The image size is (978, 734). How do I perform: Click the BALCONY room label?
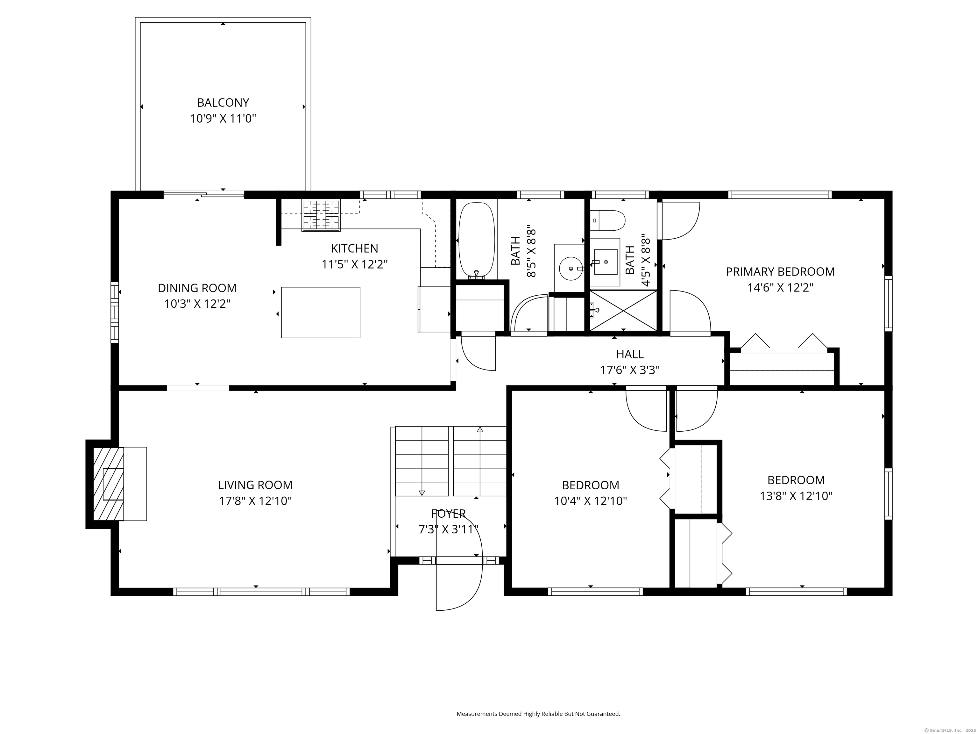(x=223, y=103)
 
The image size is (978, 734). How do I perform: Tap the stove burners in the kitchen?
(x=321, y=215)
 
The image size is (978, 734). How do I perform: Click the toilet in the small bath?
(x=608, y=220)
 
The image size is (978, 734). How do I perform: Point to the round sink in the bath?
(x=571, y=269)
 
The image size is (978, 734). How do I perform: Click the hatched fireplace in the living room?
(x=108, y=484)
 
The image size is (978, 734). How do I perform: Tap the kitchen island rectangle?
(x=321, y=312)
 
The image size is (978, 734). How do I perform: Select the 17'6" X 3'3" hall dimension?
(x=630, y=370)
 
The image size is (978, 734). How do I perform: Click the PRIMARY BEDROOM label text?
(x=780, y=272)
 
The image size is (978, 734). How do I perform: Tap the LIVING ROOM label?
(x=255, y=485)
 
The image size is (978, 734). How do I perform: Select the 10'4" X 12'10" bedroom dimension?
(x=590, y=501)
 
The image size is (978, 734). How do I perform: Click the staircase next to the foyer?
(x=450, y=461)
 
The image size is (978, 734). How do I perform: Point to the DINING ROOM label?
(x=197, y=288)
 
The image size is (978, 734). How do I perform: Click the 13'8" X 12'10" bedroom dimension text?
(x=796, y=496)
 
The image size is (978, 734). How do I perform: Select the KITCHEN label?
(x=354, y=248)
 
